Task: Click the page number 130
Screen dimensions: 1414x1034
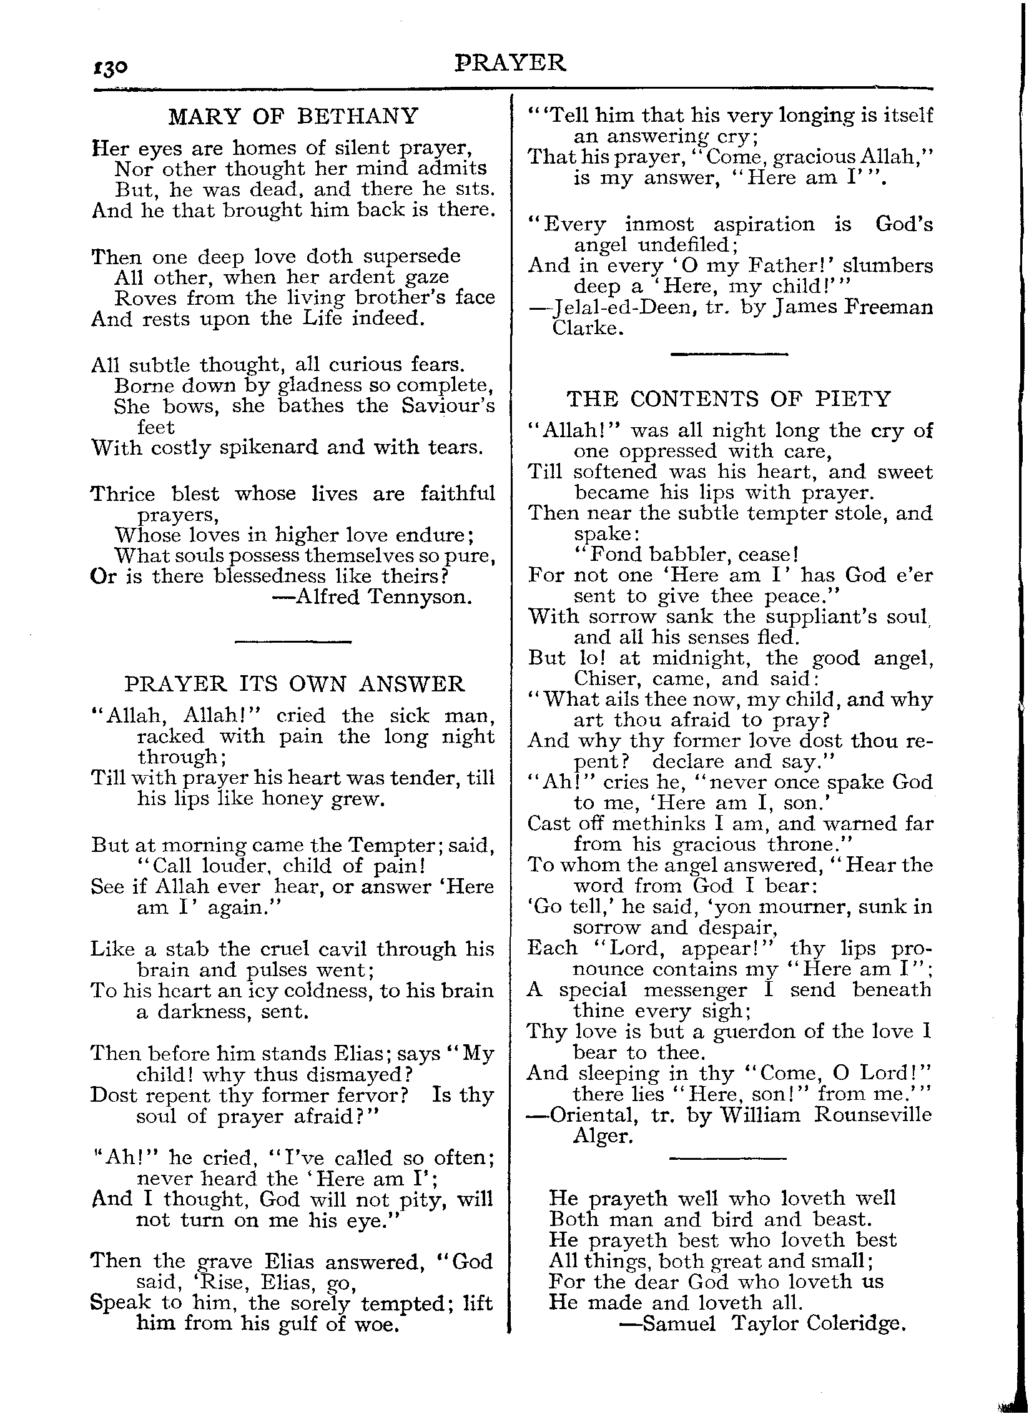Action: tap(111, 67)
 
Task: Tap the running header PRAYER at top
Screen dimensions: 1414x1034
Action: tap(510, 62)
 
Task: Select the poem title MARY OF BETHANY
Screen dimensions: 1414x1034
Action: tap(293, 116)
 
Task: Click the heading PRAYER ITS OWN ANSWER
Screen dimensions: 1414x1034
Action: tap(295, 683)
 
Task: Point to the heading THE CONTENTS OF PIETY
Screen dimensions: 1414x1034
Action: tap(729, 398)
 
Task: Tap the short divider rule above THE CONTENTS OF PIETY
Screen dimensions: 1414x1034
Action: tap(729, 355)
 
